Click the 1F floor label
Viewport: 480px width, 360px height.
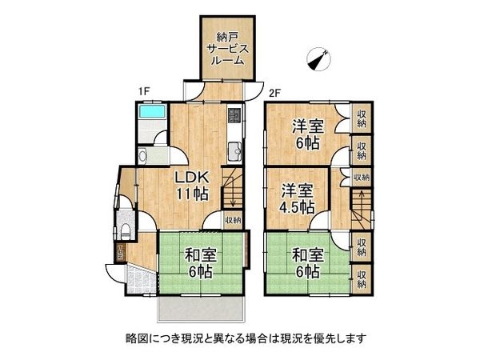pyautogui.click(x=144, y=92)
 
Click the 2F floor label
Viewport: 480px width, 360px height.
pyautogui.click(x=274, y=92)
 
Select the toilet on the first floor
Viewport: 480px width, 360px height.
pyautogui.click(x=126, y=232)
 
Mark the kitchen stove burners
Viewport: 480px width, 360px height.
pyautogui.click(x=234, y=115)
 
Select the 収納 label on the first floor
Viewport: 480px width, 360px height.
pyautogui.click(x=232, y=220)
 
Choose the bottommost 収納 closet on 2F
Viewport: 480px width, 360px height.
pyautogui.click(x=361, y=276)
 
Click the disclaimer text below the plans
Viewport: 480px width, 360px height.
pyautogui.click(x=239, y=338)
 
